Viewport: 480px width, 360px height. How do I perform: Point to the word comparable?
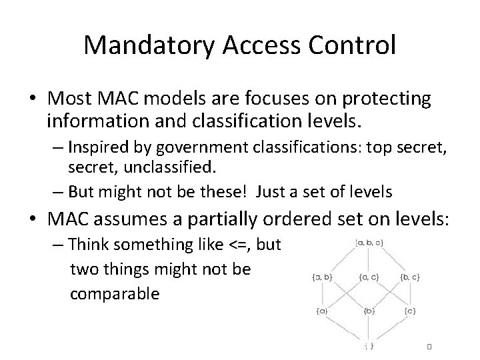(115, 293)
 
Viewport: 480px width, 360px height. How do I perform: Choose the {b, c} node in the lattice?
(411, 276)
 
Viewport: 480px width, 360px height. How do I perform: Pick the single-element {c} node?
(411, 311)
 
